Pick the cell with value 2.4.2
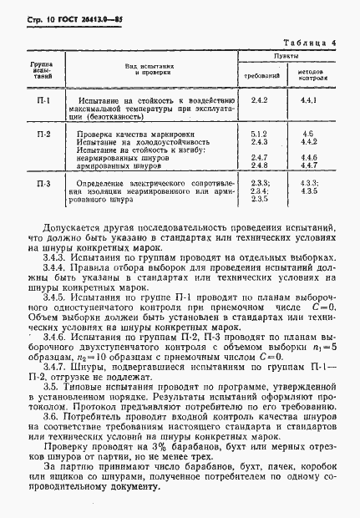[x=258, y=101]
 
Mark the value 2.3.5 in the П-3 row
[x=258, y=199]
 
